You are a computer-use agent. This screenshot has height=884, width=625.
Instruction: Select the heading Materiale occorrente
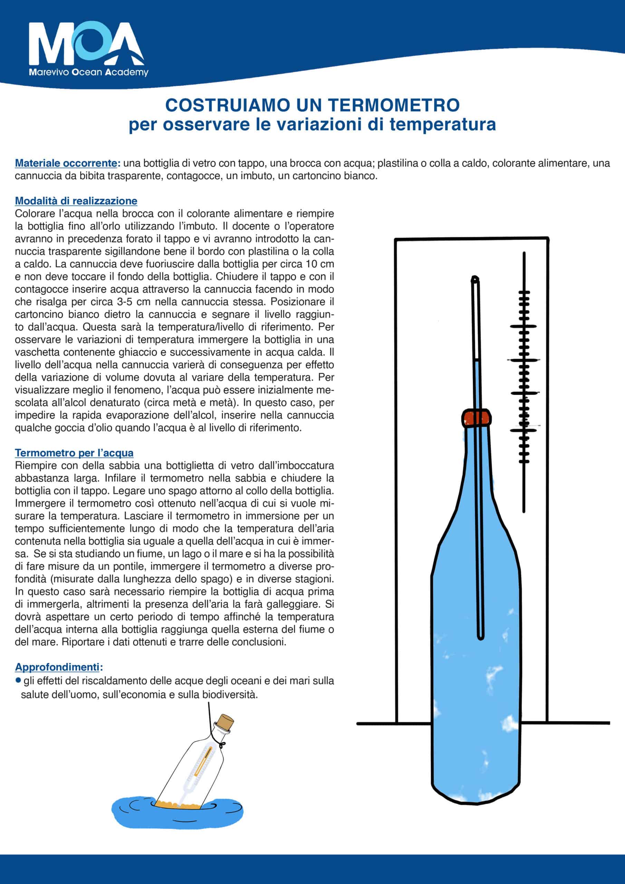point(66,163)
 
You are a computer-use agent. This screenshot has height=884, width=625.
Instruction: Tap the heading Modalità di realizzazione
point(76,201)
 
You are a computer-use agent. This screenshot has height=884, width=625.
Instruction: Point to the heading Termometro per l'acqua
point(74,453)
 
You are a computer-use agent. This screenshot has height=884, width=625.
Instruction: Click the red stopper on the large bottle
point(477,418)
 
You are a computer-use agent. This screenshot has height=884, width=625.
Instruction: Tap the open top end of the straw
point(475,278)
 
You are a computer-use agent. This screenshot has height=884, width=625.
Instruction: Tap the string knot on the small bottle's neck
point(222,744)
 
